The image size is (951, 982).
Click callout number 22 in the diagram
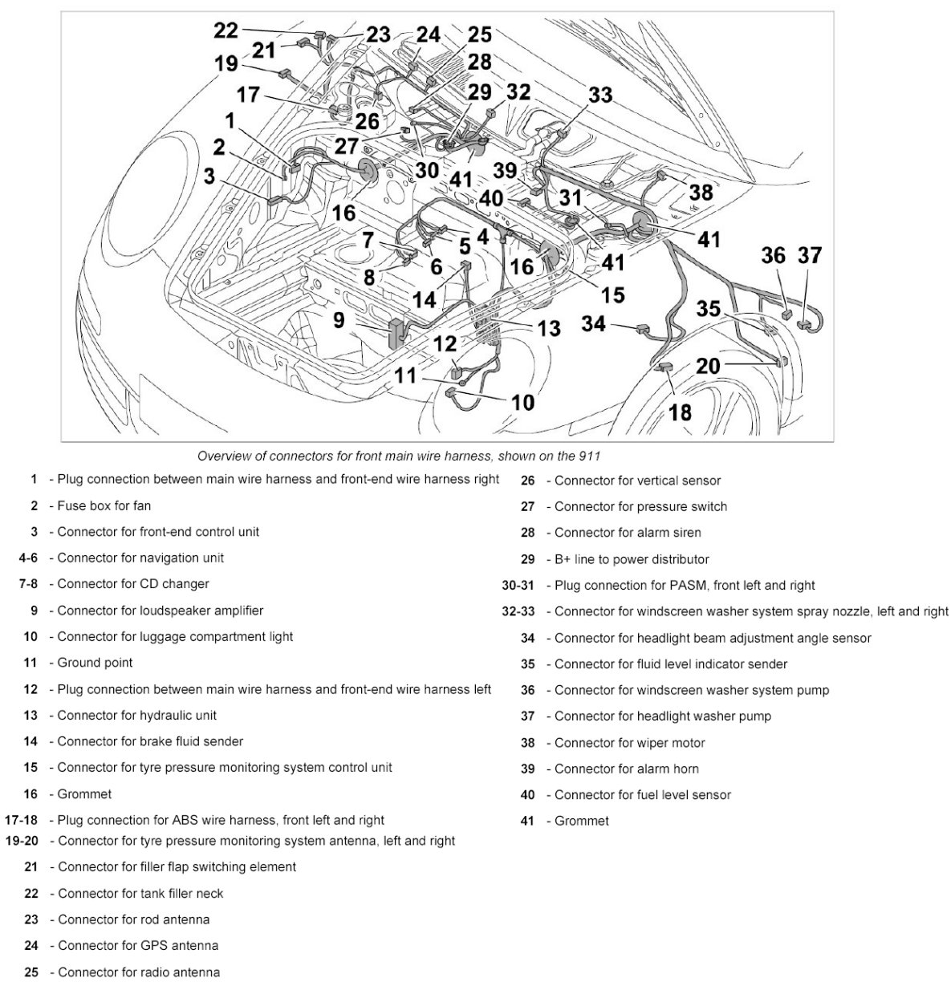click(226, 30)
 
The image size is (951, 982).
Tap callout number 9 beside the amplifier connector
click(339, 320)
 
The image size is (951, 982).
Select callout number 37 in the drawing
click(810, 256)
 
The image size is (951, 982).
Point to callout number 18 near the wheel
click(680, 412)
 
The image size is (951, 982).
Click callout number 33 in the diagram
click(600, 95)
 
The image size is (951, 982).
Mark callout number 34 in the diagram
click(593, 323)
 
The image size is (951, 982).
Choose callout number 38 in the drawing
click(701, 192)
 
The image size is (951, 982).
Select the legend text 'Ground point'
click(96, 663)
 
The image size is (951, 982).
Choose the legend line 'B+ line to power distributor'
click(632, 559)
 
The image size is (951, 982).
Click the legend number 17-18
click(22, 820)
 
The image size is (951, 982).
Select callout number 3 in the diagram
click(209, 176)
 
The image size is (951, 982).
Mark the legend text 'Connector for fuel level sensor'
click(643, 795)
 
